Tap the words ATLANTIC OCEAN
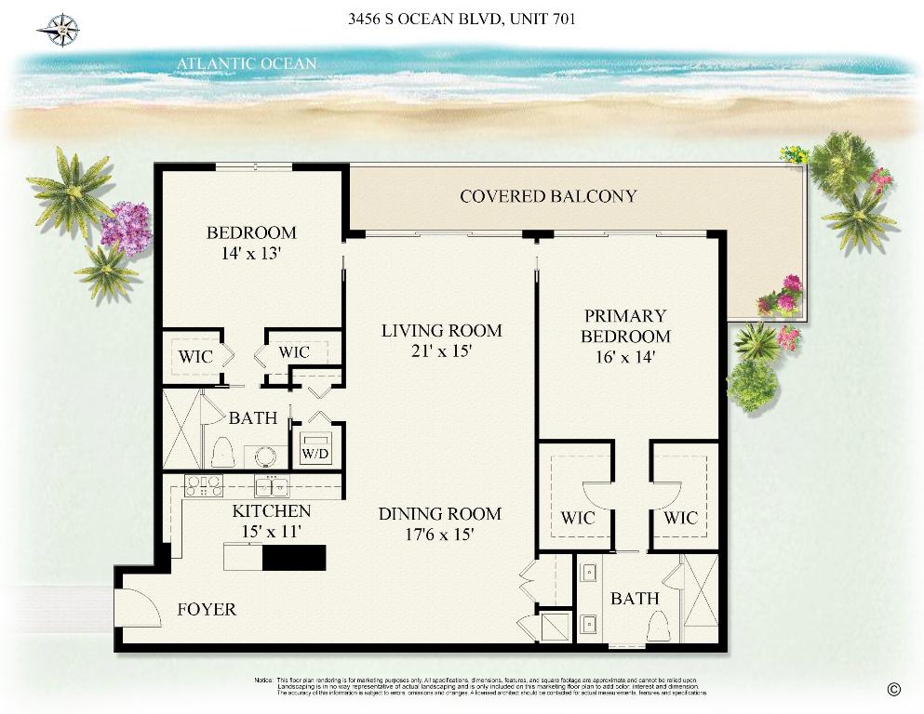pyautogui.click(x=247, y=64)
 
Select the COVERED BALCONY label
pyautogui.click(x=548, y=196)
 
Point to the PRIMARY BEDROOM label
pyautogui.click(x=625, y=326)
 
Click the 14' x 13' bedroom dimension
pyautogui.click(x=251, y=252)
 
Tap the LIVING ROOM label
pyautogui.click(x=441, y=330)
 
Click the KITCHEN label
pyautogui.click(x=271, y=511)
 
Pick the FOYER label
pyautogui.click(x=207, y=610)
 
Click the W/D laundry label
pyautogui.click(x=313, y=454)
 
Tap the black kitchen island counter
pyautogui.click(x=294, y=557)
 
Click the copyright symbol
pyautogui.click(x=894, y=689)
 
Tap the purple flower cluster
pyautogui.click(x=126, y=226)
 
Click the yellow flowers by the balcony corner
pyautogui.click(x=793, y=153)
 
